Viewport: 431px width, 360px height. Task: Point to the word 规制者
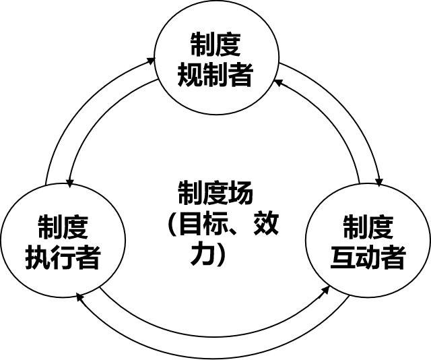click(x=215, y=76)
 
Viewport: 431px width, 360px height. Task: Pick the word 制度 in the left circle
click(x=63, y=228)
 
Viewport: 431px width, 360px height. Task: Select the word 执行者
click(x=63, y=258)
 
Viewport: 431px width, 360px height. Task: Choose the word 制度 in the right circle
click(x=368, y=228)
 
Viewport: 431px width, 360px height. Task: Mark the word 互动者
click(x=368, y=258)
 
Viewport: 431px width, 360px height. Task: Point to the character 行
click(x=63, y=258)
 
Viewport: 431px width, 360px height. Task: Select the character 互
click(x=343, y=258)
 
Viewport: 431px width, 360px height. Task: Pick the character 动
click(x=368, y=258)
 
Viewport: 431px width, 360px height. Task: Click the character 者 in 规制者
click(x=240, y=76)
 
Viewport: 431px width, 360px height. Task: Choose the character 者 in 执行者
click(x=88, y=258)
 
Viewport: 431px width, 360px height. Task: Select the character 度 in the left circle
click(x=75, y=228)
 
